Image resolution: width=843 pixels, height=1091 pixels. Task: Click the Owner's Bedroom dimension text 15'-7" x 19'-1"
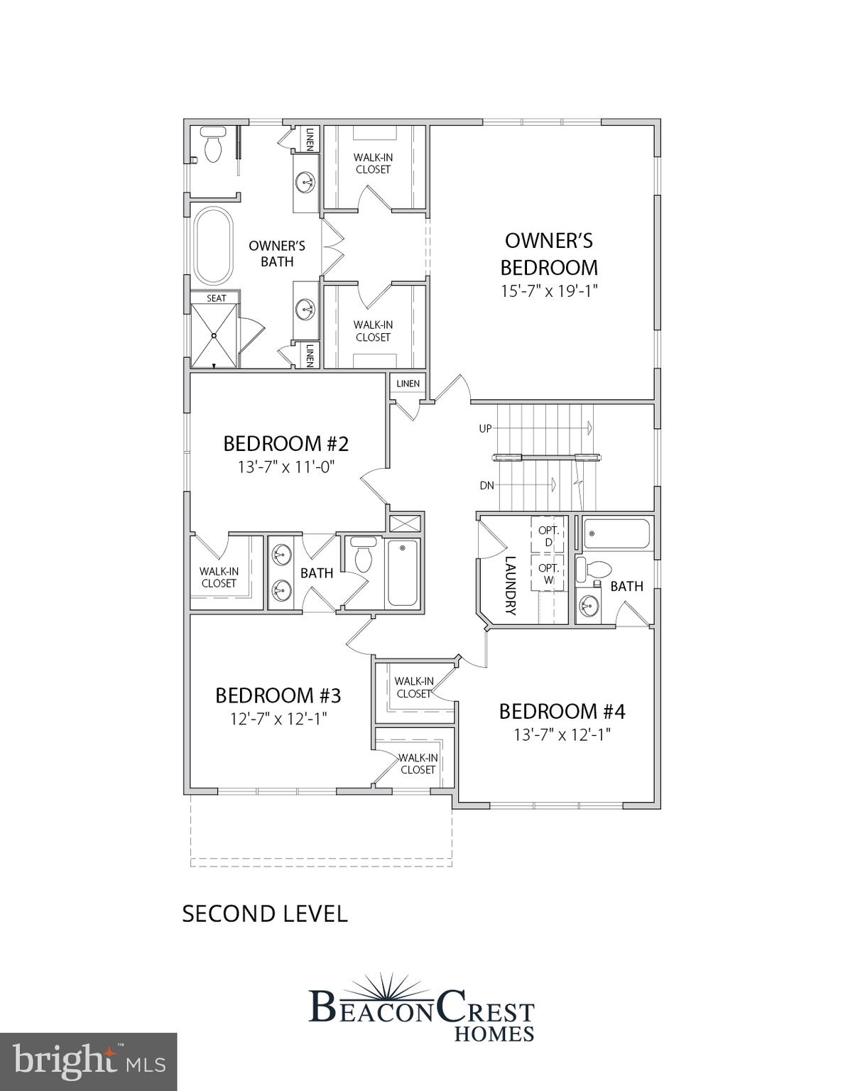[x=548, y=291]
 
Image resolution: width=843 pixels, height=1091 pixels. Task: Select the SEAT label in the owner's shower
[x=217, y=298]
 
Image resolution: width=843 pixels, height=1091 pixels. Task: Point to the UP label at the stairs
[x=486, y=429]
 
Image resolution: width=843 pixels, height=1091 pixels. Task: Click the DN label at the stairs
[x=486, y=486]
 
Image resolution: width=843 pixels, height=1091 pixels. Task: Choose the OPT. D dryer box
[x=548, y=536]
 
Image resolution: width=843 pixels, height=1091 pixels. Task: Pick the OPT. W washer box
[x=548, y=573]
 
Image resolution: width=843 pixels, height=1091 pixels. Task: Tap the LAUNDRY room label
[x=510, y=585]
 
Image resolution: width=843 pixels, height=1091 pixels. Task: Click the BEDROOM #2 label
[x=285, y=444]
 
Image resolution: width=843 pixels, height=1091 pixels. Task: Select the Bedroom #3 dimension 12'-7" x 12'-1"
[x=278, y=718]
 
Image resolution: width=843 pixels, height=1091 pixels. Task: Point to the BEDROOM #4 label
[x=562, y=711]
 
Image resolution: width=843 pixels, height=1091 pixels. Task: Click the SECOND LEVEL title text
[x=265, y=913]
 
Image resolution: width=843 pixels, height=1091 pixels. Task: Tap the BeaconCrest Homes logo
[x=422, y=1009]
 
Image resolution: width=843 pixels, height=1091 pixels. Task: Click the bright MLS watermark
[x=88, y=1061]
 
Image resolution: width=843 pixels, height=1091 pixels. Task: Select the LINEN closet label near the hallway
[x=408, y=384]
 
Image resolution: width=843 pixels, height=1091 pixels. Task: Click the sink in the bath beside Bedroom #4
[x=588, y=606]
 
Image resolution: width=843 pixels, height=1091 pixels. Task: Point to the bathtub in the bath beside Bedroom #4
[x=616, y=534]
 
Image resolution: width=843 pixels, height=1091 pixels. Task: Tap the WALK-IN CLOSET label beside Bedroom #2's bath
[x=219, y=577]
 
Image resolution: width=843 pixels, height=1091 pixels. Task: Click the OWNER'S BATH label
[x=277, y=254]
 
